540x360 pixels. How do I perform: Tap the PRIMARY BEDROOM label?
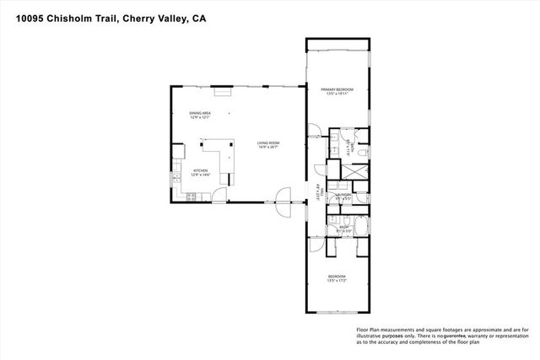tap(337, 90)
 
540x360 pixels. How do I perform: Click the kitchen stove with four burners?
tap(191, 196)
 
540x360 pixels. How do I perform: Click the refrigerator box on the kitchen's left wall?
tap(178, 153)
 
